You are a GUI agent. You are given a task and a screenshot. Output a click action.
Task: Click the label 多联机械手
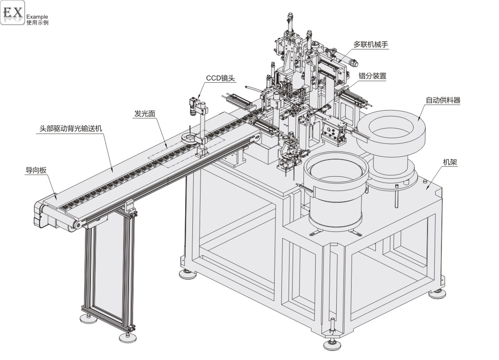coord(370,44)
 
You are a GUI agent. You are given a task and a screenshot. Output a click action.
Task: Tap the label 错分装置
coord(372,76)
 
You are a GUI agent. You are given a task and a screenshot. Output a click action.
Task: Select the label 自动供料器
coord(443,100)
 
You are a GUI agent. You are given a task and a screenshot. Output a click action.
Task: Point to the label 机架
coord(450,163)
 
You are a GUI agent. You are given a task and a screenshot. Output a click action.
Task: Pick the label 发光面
coord(144,114)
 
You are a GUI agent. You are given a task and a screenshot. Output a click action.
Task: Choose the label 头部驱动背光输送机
coord(71,128)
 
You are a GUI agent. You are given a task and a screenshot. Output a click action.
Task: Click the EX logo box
coord(13,13)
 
